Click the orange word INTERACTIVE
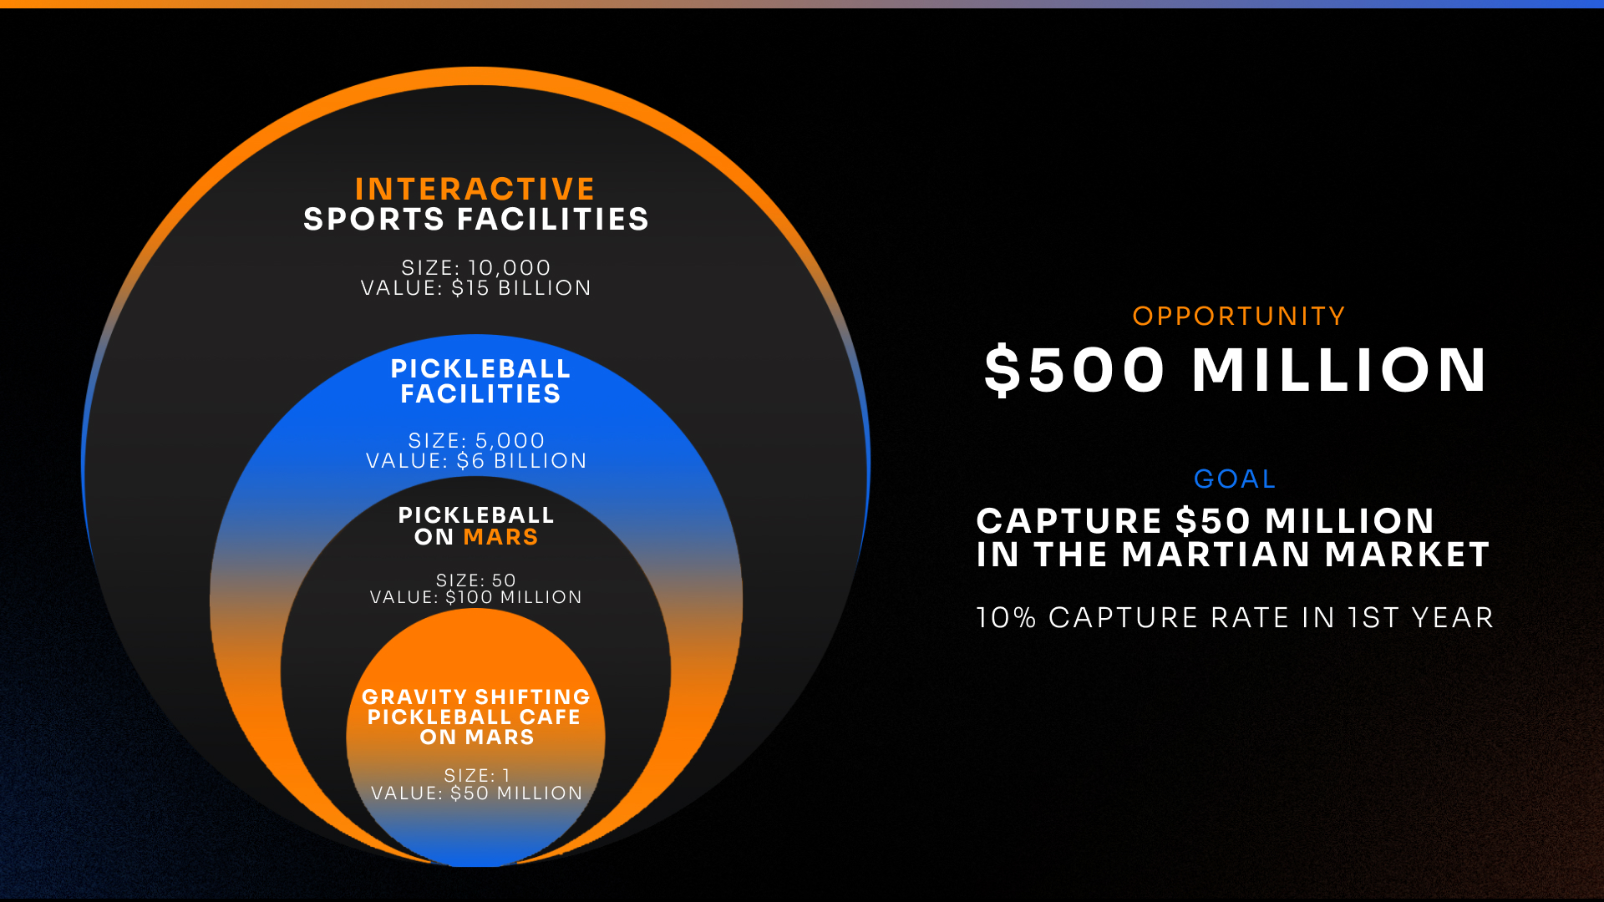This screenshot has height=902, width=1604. (475, 189)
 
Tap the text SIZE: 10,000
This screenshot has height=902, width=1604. (476, 267)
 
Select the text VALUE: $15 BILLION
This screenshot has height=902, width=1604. (476, 288)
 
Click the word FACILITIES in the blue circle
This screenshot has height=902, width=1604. (480, 394)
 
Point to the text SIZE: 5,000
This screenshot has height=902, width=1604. (476, 440)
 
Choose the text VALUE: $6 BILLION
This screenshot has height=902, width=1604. (476, 460)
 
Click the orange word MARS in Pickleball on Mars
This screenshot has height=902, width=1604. (500, 537)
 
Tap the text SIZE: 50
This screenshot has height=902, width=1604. (476, 580)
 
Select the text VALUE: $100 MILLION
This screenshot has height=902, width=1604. (476, 597)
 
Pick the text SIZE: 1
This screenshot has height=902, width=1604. (476, 776)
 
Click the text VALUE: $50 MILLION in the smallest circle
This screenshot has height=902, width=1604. (476, 793)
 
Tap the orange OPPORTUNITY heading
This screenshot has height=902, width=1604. (1238, 317)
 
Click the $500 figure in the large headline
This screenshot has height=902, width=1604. (1074, 370)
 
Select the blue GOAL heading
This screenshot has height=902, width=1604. (1235, 479)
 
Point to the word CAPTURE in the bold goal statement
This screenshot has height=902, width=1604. (1069, 521)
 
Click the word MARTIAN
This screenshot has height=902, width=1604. (1216, 555)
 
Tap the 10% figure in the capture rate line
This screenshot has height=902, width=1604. (1007, 618)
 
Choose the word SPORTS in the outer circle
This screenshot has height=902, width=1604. (373, 220)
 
